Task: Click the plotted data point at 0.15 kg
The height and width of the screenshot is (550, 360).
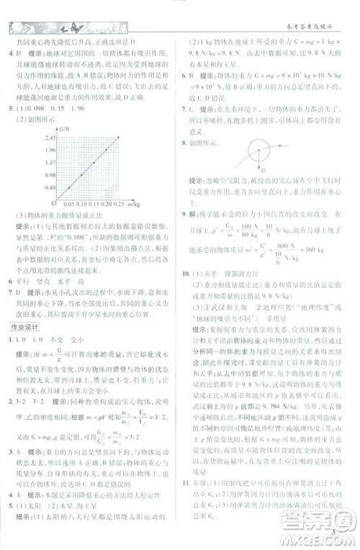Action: pyautogui.click(x=94, y=163)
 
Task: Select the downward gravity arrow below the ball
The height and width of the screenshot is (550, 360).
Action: pyautogui.click(x=258, y=162)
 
